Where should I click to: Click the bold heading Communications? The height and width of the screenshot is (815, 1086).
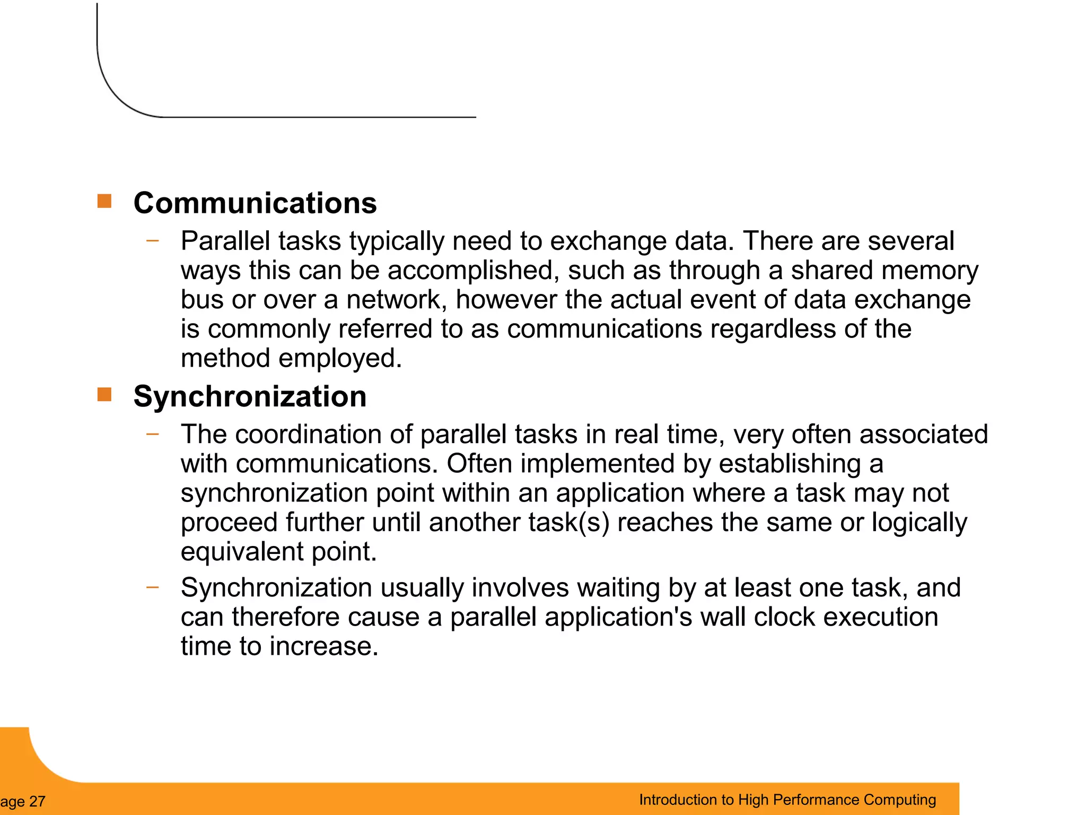(x=255, y=203)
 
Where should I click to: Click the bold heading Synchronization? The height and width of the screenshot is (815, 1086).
(x=250, y=396)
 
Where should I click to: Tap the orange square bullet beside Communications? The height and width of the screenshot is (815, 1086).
(x=104, y=201)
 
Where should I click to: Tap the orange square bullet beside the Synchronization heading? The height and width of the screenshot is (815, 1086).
(x=104, y=394)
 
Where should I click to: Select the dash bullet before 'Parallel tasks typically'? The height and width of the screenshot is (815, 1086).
(x=153, y=240)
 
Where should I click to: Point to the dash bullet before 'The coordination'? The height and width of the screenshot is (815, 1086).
(x=153, y=433)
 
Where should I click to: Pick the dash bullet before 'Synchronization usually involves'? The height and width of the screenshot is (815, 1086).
(x=153, y=587)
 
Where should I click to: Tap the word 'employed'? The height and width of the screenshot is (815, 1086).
(x=340, y=358)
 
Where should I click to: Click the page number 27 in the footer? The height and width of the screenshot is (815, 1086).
(x=37, y=801)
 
